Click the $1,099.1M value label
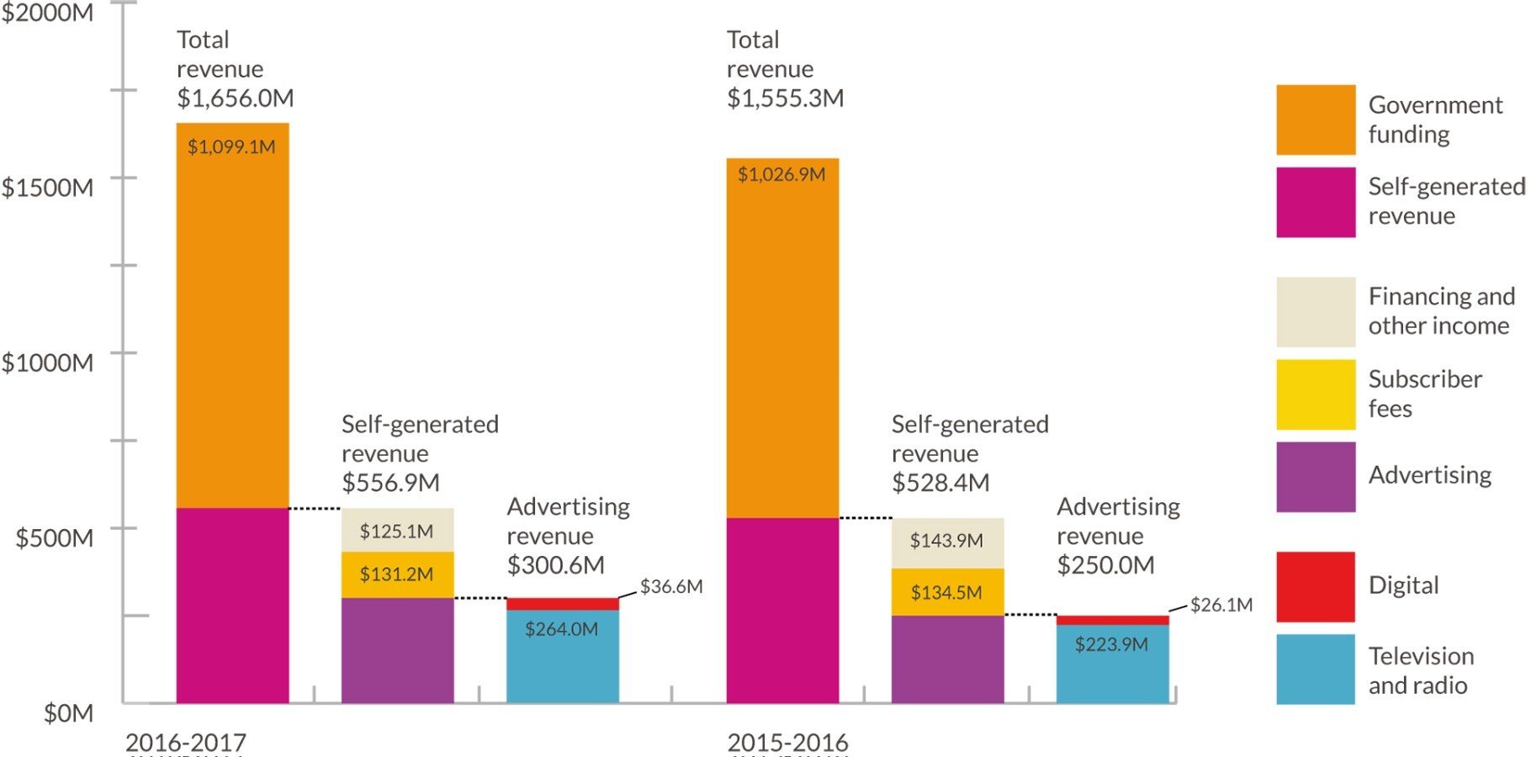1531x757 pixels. tap(231, 147)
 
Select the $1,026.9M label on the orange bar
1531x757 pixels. tap(781, 175)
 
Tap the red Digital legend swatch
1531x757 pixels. tap(1315, 586)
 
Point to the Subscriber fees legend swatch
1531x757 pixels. tap(1315, 394)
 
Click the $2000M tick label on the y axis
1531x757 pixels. tap(47, 13)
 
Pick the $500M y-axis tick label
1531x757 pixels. tap(54, 538)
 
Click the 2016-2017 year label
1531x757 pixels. tap(186, 743)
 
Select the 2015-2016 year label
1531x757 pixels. tap(787, 743)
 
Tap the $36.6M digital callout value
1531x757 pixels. tap(671, 586)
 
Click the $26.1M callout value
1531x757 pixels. tap(1221, 605)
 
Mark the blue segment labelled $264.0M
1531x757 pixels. tap(562, 656)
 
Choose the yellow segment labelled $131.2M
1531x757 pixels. tap(397, 574)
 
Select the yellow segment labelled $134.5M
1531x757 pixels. tap(947, 592)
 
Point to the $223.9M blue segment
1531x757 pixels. tap(1112, 664)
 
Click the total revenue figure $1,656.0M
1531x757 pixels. tap(236, 98)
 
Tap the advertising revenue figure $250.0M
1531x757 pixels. tap(1105, 565)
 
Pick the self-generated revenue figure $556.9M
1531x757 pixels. tap(390, 483)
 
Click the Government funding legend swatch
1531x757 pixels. tap(1315, 119)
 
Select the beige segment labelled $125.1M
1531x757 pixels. tap(397, 531)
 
